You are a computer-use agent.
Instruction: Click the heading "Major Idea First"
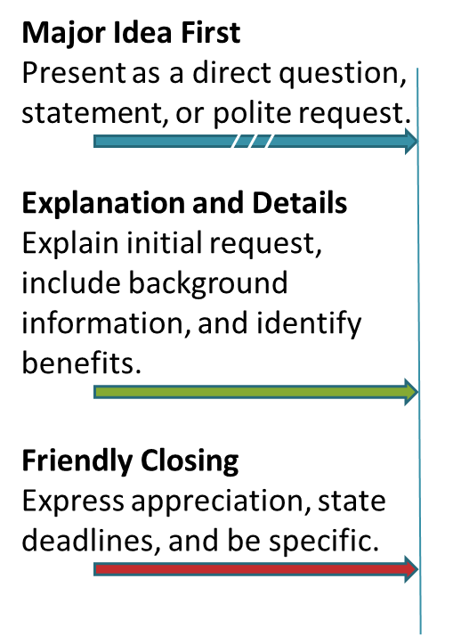pos(132,33)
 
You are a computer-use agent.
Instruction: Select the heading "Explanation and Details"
pos(184,202)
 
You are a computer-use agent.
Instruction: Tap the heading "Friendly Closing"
pos(130,461)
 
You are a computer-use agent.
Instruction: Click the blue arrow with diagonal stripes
pos(255,141)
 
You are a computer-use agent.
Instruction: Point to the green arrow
pos(255,392)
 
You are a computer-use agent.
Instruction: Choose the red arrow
pos(255,569)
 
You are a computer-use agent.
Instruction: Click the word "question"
pos(343,75)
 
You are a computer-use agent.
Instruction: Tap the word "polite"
pos(252,113)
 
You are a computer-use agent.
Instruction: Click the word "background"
pos(208,284)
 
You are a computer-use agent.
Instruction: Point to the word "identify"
pos(309,323)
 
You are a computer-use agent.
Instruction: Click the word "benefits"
pos(82,363)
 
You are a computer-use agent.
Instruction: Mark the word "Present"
pos(74,73)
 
